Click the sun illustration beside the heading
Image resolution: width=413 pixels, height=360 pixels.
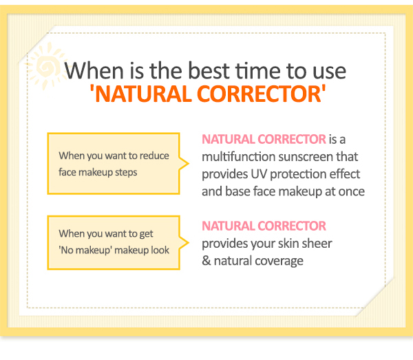47,66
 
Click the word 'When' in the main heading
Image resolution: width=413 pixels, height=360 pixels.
94,71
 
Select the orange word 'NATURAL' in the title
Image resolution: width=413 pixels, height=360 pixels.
143,94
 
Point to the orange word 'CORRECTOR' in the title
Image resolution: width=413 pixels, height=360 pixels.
259,94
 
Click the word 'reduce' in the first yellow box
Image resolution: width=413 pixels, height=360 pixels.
154,156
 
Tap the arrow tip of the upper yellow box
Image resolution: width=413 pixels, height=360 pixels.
189,163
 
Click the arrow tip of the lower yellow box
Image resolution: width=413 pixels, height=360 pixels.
189,242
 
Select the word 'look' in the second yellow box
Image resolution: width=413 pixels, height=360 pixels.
160,250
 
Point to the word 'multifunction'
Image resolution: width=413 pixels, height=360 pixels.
239,157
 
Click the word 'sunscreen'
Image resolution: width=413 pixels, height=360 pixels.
306,157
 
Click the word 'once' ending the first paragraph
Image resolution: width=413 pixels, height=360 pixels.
351,192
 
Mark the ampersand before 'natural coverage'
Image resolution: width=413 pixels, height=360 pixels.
206,261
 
